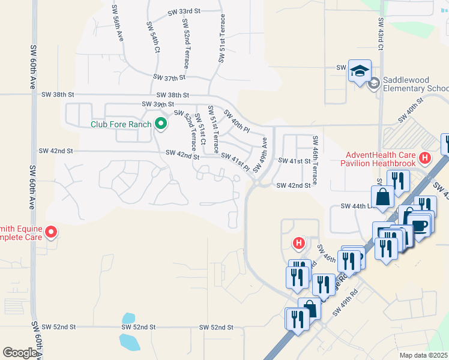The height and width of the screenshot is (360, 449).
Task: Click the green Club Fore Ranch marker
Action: pyautogui.click(x=160, y=124)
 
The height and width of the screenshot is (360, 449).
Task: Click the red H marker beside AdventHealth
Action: pyautogui.click(x=426, y=158)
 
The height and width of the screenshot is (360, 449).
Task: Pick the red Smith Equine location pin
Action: pyautogui.click(x=51, y=231)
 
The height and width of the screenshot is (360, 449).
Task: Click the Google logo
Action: pyautogui.click(x=20, y=352)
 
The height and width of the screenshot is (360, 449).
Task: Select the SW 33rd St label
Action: pyautogui.click(x=184, y=11)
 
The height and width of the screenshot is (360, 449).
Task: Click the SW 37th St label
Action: pyautogui.click(x=169, y=77)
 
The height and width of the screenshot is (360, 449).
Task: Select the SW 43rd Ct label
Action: pyautogui.click(x=381, y=36)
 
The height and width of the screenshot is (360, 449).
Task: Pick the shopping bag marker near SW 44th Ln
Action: pyautogui.click(x=382, y=197)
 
